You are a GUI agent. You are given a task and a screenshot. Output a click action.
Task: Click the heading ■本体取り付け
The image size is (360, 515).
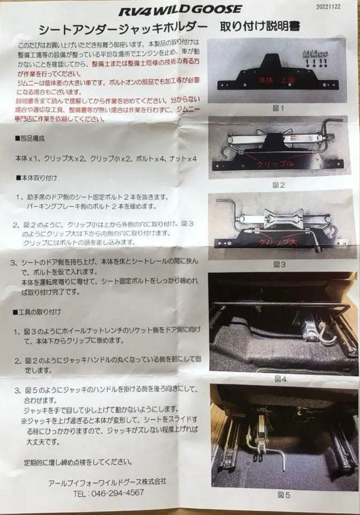click(36, 178)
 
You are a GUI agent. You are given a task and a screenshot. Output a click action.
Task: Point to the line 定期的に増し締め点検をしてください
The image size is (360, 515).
click(76, 462)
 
